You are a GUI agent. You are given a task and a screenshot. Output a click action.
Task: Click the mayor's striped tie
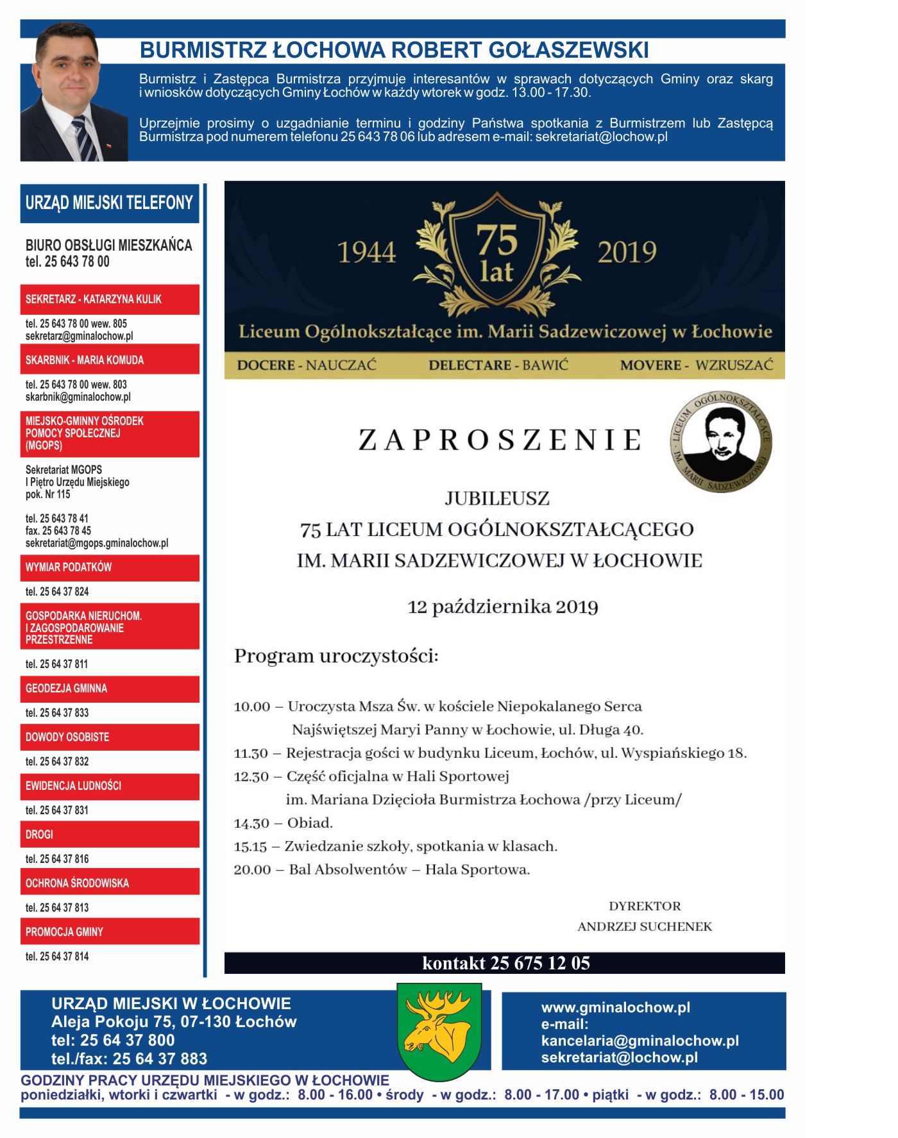(85, 138)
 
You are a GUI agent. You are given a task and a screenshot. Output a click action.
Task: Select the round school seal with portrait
(720, 442)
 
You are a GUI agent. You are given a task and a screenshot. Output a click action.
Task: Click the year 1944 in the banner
(366, 252)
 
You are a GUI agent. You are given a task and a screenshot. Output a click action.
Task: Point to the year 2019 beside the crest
(627, 252)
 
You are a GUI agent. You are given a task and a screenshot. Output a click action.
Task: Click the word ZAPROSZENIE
(500, 440)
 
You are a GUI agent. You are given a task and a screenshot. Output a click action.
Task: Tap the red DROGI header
(110, 834)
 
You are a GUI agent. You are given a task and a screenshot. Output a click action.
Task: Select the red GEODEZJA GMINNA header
(110, 689)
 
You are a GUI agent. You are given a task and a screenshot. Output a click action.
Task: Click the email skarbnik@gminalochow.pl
(78, 397)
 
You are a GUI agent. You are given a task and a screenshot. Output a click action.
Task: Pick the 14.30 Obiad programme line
(284, 823)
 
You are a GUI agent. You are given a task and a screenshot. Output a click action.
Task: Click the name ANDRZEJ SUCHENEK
(645, 926)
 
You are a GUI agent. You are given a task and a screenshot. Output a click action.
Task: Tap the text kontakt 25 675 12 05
(505, 963)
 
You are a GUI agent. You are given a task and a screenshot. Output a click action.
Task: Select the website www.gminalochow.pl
(616, 1007)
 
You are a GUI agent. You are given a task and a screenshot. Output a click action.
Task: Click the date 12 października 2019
(503, 607)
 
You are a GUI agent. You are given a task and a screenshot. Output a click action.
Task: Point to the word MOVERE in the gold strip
(650, 365)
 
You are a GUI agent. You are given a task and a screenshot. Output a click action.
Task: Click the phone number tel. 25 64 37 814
(57, 957)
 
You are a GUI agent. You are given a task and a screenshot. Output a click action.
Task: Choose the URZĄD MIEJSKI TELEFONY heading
(109, 203)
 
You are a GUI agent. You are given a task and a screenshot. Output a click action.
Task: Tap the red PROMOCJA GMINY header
(110, 932)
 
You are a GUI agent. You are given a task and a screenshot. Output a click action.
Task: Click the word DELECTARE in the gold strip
(470, 365)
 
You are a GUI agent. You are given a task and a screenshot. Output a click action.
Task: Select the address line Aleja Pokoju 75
(174, 1022)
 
